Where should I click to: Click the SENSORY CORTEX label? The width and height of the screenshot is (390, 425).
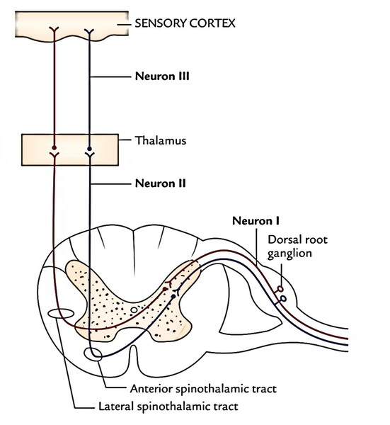(x=185, y=23)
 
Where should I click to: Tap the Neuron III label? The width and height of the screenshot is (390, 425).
(x=162, y=76)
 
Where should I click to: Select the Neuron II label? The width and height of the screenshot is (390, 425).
(x=161, y=183)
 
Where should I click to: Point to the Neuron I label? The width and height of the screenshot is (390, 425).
(x=256, y=221)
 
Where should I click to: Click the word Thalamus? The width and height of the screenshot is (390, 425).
(x=161, y=140)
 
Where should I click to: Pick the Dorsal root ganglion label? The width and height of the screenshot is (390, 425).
(x=298, y=246)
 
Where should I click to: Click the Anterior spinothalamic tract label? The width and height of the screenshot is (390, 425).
(x=203, y=389)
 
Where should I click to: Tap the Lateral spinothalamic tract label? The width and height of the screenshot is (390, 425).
(x=168, y=407)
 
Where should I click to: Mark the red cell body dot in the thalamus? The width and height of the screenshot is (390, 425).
(x=55, y=148)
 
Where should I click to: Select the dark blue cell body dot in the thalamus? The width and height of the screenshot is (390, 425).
(x=89, y=149)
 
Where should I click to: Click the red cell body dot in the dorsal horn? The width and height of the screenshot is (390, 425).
(x=165, y=289)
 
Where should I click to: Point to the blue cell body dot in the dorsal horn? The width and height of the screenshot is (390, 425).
(x=173, y=297)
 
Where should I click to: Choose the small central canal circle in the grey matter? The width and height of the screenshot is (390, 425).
(x=134, y=310)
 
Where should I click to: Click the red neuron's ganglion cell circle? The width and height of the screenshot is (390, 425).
(x=280, y=289)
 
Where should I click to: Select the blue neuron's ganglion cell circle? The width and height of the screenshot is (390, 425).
(x=283, y=299)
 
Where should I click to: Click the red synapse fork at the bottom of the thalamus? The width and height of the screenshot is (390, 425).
(x=55, y=155)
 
